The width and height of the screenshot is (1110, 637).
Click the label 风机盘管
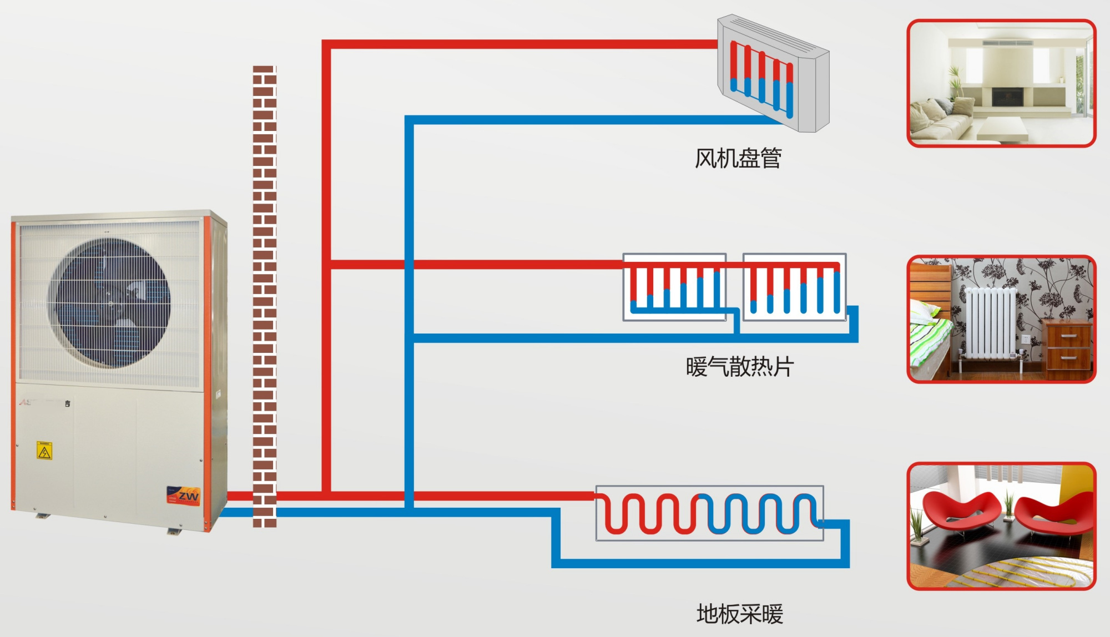[x=738, y=159]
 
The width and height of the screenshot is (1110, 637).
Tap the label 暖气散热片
[x=739, y=367]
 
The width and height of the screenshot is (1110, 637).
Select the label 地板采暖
[x=739, y=614]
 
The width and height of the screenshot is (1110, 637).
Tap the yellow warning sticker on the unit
[x=44, y=450]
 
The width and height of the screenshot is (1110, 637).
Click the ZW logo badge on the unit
[x=184, y=495]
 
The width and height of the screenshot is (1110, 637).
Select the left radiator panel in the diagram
[x=674, y=287]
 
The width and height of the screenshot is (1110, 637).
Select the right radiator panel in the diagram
[x=794, y=287]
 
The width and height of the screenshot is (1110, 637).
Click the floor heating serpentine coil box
[x=709, y=513]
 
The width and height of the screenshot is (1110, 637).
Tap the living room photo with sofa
[x=1001, y=83]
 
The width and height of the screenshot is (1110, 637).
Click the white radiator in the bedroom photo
[x=991, y=322]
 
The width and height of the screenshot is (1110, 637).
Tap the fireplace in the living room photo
[x=1007, y=97]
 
